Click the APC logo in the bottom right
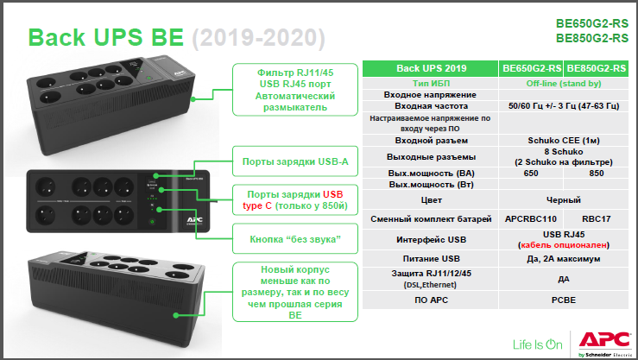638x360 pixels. click(x=605, y=344)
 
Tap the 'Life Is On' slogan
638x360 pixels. click(x=538, y=344)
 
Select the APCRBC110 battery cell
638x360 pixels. click(x=531, y=218)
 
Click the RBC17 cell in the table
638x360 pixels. click(x=596, y=218)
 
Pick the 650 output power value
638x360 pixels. click(x=531, y=174)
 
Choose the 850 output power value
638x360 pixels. click(x=596, y=174)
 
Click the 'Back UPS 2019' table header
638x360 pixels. click(x=431, y=69)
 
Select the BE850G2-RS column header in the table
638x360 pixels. click(x=596, y=69)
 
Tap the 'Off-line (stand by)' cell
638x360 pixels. click(x=564, y=84)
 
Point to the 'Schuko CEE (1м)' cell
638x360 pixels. click(x=564, y=141)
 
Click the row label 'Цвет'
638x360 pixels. click(x=431, y=200)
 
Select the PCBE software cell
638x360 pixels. click(x=564, y=300)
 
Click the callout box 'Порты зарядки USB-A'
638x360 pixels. click(x=295, y=161)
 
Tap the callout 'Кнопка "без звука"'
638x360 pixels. click(x=295, y=239)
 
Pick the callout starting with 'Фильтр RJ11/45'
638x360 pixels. click(x=295, y=90)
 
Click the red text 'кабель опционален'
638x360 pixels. click(x=564, y=245)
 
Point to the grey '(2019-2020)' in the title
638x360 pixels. click(x=258, y=38)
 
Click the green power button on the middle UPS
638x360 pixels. click(x=152, y=222)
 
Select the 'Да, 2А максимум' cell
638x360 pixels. click(x=564, y=259)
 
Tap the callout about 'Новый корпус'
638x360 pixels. click(x=295, y=292)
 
